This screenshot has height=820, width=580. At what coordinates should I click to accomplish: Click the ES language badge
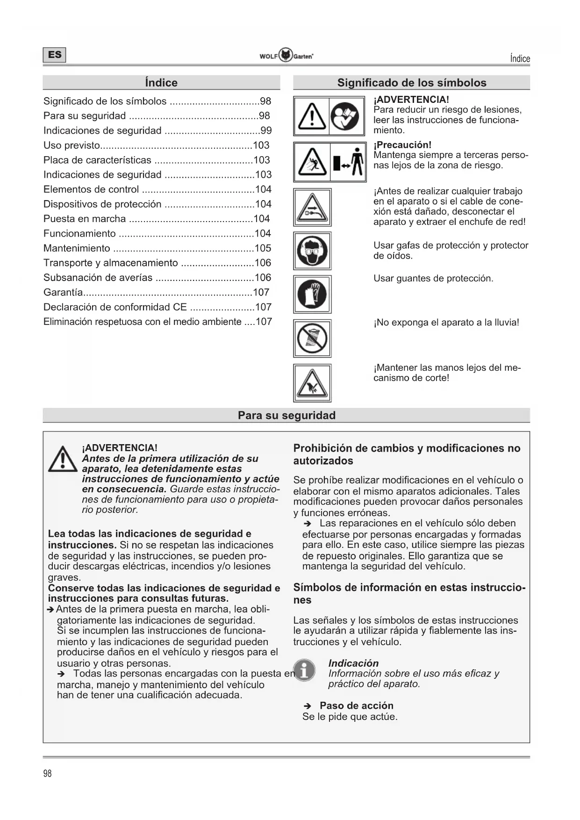click(54, 55)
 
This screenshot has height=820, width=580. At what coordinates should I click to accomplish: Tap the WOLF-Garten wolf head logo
click(286, 55)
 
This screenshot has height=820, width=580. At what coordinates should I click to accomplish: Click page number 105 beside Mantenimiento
click(263, 248)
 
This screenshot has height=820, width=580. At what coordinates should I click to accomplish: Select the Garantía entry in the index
click(63, 292)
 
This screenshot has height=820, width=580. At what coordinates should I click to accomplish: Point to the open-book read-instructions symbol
click(346, 116)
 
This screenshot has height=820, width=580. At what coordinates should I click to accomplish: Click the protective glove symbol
click(312, 294)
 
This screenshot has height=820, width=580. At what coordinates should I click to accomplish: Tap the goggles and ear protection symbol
click(312, 251)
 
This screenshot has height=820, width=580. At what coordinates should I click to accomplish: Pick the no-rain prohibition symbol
click(312, 338)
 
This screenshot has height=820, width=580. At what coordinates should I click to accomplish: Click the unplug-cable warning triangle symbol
click(312, 208)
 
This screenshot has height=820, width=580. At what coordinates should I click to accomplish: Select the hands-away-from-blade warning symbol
click(312, 383)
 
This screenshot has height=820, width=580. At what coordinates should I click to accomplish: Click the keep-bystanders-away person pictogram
click(348, 162)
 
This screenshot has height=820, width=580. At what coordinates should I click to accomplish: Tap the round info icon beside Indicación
click(304, 670)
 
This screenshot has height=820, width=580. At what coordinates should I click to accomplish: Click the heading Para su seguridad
click(286, 415)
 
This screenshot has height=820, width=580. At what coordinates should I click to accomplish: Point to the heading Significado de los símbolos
click(411, 83)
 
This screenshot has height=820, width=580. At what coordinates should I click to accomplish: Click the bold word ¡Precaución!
click(402, 144)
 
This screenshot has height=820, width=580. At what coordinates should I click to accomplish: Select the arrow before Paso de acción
click(307, 706)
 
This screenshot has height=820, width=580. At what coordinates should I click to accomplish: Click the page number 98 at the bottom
click(47, 773)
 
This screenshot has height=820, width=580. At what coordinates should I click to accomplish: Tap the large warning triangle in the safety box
click(63, 459)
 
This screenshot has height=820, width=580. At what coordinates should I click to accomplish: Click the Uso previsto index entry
click(72, 145)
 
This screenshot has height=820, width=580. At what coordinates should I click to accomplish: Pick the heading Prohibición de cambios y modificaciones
click(407, 454)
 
